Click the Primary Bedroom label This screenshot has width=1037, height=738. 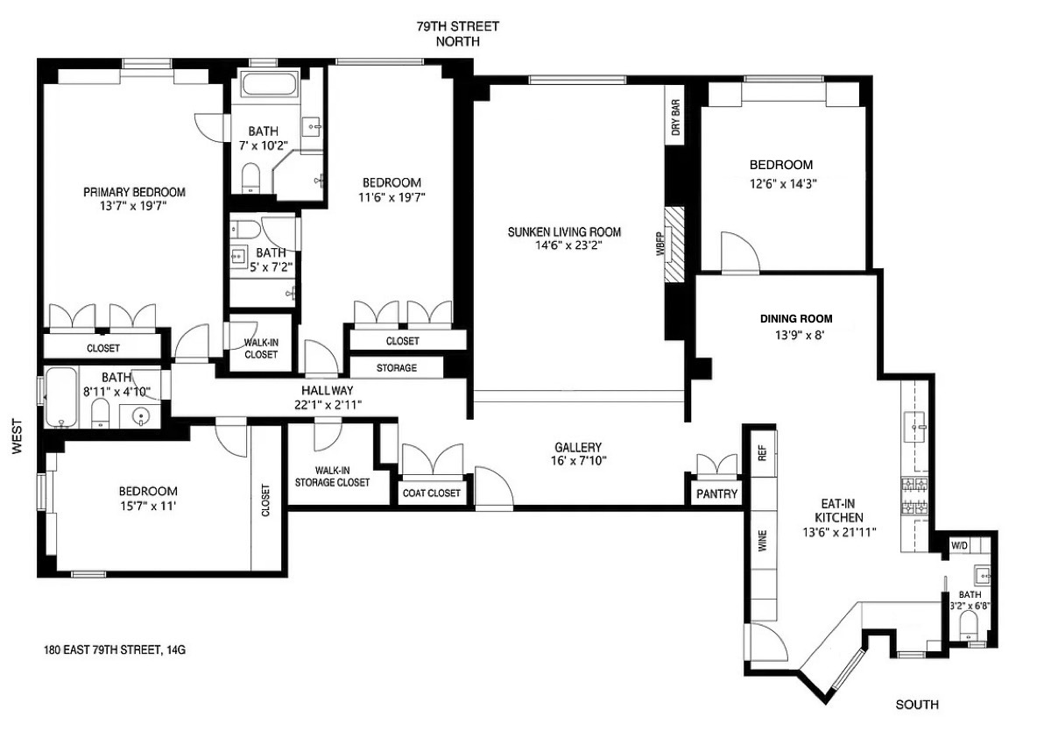134,192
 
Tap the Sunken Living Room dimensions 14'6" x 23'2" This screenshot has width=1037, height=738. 564,246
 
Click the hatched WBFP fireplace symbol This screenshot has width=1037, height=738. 675,245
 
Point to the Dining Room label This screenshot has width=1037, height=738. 796,319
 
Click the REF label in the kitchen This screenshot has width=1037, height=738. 761,452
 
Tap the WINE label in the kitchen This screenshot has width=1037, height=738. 762,542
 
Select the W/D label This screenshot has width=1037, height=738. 961,545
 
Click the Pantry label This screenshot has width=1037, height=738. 717,494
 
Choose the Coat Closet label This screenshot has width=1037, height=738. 431,493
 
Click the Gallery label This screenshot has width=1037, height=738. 578,447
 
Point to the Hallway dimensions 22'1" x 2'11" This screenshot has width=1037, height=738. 327,404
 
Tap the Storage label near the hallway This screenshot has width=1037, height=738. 396,368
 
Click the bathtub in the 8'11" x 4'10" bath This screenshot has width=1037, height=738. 60,398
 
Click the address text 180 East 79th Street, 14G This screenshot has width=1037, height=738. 115,650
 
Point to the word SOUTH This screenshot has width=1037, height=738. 917,704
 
